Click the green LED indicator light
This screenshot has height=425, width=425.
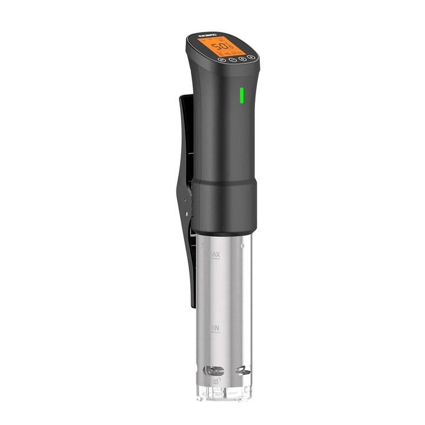241,95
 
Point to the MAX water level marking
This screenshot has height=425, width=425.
214,254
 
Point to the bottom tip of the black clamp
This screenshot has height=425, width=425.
192,305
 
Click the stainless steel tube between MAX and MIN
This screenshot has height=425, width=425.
227,289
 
